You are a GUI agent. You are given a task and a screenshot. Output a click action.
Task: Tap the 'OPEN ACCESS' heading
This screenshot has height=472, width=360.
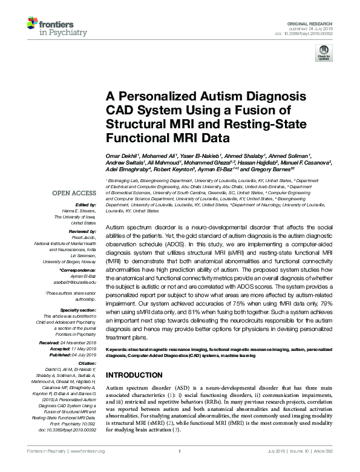tap(75, 194)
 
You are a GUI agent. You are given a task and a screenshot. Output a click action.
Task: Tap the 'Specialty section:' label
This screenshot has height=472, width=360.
tap(77, 310)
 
